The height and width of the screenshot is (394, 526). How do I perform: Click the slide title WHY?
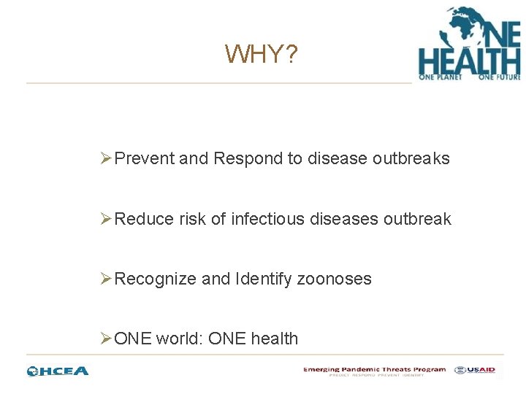[x=261, y=54]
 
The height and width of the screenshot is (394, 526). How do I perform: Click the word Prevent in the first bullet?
[x=145, y=159]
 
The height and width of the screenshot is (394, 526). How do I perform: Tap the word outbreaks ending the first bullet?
[x=413, y=159]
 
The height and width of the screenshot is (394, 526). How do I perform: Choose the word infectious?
[x=265, y=219]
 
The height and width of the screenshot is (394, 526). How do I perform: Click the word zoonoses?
[x=334, y=279]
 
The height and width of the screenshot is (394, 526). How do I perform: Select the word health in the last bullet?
[x=274, y=339]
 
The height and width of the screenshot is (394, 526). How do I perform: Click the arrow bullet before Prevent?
[x=107, y=159]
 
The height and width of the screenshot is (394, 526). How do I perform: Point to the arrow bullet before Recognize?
[x=107, y=279]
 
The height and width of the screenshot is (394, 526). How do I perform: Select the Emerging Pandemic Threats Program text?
[x=374, y=369]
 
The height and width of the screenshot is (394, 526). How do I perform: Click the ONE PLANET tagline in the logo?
[x=440, y=76]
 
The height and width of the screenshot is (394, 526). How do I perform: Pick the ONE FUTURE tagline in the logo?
[x=499, y=76]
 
